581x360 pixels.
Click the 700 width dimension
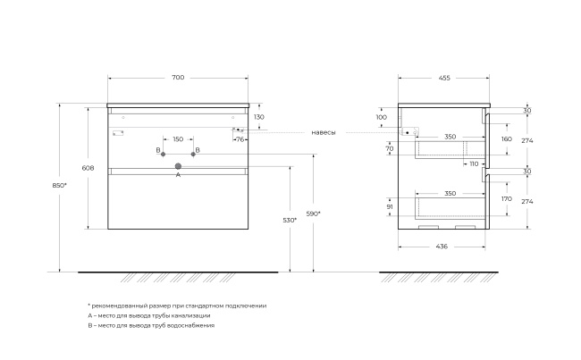pyautogui.click(x=178, y=78)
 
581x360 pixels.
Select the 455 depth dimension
pyautogui.click(x=444, y=78)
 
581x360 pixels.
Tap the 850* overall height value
pyautogui.click(x=59, y=185)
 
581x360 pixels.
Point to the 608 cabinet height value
pyautogui.click(x=88, y=168)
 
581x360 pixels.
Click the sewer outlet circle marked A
pyautogui.click(x=178, y=166)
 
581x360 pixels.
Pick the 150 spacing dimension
pyautogui.click(x=178, y=139)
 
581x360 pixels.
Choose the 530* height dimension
pyautogui.click(x=290, y=220)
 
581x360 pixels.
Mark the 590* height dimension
pyautogui.click(x=314, y=213)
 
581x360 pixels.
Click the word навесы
pyautogui.click(x=324, y=132)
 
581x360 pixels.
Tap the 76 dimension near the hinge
pyautogui.click(x=240, y=139)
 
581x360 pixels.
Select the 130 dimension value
pyautogui.click(x=259, y=117)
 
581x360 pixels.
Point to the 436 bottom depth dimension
pyautogui.click(x=442, y=247)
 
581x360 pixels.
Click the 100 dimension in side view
pyautogui.click(x=382, y=117)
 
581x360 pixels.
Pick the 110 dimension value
pyautogui.click(x=474, y=163)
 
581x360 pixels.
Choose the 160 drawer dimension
pyautogui.click(x=507, y=138)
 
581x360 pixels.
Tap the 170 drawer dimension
pyautogui.click(x=507, y=199)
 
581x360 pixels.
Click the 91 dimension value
pyautogui.click(x=390, y=207)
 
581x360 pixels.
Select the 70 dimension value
pyautogui.click(x=390, y=149)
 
